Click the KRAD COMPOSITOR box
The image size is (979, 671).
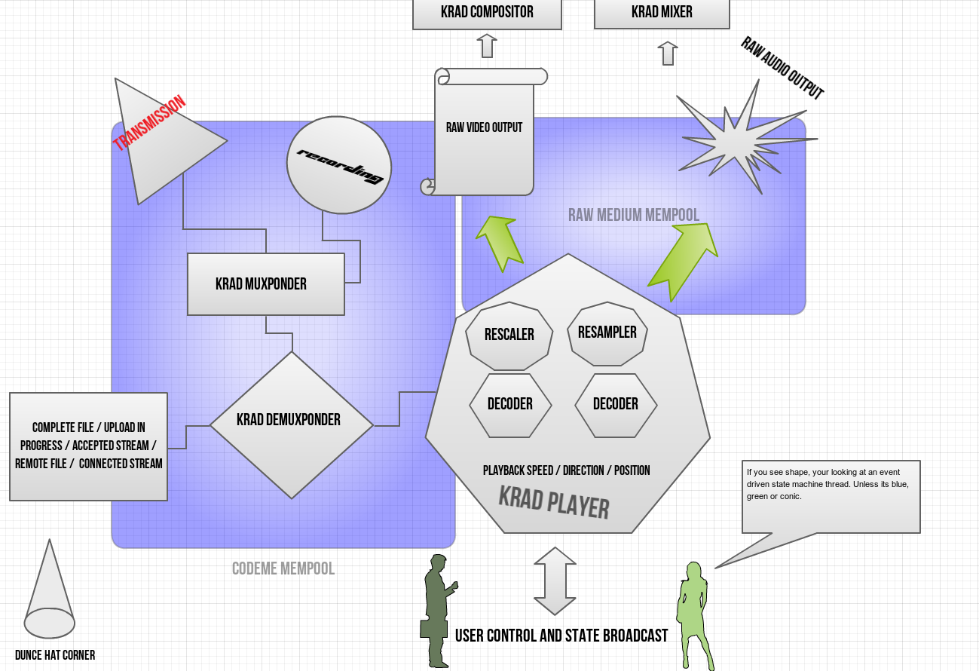[487, 13]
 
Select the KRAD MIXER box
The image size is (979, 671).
[662, 13]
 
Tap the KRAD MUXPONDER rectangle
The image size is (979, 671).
[265, 284]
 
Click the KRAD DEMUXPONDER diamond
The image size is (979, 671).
[292, 424]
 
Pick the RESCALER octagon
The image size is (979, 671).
[509, 335]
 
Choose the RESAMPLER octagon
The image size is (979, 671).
[607, 332]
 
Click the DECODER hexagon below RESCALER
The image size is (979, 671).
[510, 405]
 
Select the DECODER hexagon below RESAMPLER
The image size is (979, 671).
[616, 405]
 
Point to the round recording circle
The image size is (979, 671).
[339, 164]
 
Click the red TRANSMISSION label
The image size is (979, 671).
[149, 123]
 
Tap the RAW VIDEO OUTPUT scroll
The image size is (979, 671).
[484, 132]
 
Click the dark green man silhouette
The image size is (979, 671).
[436, 611]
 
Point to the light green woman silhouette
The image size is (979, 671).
[693, 614]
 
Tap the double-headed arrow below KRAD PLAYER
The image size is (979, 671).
[555, 581]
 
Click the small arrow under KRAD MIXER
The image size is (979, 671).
[668, 54]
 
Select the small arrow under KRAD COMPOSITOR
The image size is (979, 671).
[487, 46]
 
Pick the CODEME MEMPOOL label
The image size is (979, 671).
[283, 568]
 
